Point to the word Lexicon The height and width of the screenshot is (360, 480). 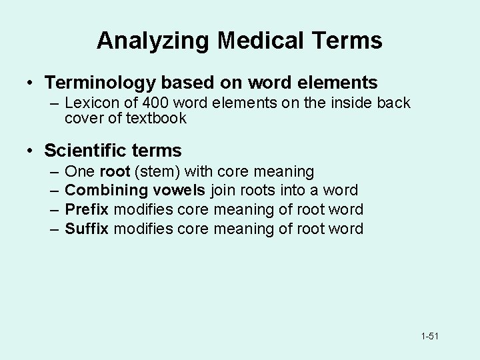click(91, 103)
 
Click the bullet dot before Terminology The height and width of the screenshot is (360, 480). click(31, 84)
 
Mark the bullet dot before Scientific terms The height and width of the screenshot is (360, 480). click(31, 151)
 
